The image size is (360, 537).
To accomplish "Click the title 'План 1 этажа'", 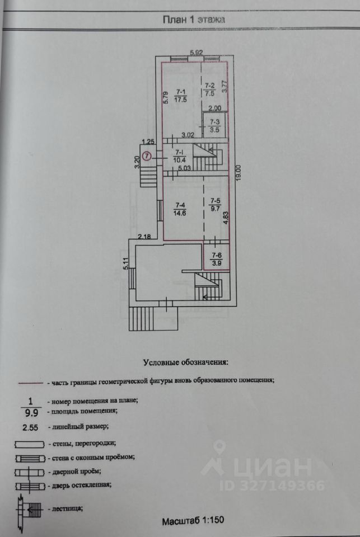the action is [194, 19].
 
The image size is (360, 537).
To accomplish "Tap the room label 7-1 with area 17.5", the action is [180, 96].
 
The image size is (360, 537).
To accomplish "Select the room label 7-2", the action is [209, 85].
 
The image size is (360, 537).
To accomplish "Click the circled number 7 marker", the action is [147, 156].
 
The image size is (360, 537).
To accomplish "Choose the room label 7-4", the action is [180, 205].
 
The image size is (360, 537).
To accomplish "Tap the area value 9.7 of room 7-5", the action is [216, 208].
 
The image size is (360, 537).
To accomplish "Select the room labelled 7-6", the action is [216, 259].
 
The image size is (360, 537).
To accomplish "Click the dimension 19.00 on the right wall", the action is [239, 173].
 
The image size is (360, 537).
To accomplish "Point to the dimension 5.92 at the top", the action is [197, 53].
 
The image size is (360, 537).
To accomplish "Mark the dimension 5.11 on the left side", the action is [126, 263].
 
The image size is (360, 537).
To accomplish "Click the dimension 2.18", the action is [144, 236].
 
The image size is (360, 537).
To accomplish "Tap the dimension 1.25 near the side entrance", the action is [148, 141].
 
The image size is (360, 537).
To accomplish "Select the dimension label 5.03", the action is [184, 168].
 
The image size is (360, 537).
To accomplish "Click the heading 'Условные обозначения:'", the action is [185, 362].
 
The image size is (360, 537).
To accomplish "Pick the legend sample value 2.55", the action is [30, 427].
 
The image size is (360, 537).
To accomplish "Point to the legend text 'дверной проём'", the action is [77, 472].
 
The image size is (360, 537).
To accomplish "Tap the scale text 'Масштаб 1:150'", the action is [193, 521].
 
